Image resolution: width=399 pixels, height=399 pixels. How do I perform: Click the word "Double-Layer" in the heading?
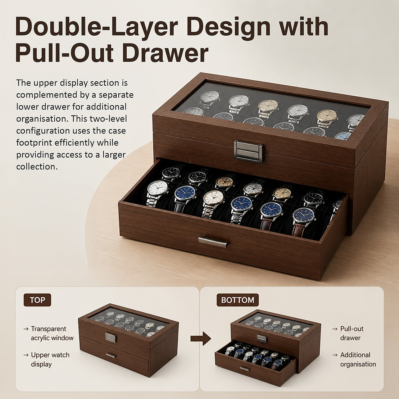[97, 27]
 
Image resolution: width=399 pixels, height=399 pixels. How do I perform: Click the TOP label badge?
[37, 300]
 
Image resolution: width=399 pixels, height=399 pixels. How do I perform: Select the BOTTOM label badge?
[238, 300]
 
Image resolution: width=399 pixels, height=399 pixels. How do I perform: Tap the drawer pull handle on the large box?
[214, 243]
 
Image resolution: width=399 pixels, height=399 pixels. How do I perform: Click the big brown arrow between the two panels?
[201, 338]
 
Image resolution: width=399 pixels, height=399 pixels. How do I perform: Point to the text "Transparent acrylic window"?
[52, 333]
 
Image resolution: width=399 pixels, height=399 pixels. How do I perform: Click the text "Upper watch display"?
[50, 360]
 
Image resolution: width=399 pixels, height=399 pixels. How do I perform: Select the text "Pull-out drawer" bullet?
[352, 333]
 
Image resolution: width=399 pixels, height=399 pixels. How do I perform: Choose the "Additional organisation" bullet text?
[358, 360]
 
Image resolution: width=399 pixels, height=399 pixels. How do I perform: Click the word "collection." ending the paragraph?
[37, 167]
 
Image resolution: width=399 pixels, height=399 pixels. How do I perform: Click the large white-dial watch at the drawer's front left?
[158, 192]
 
